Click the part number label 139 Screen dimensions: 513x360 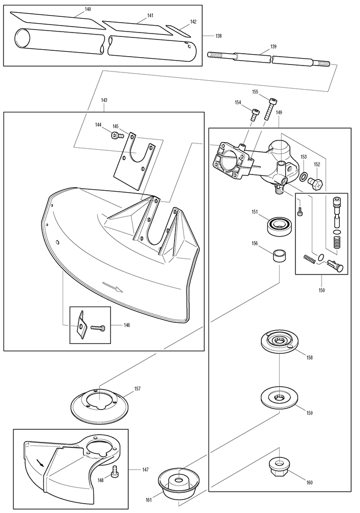(x=273, y=47)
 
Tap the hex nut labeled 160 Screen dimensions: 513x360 (x=279, y=465)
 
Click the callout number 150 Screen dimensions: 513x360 (x=321, y=291)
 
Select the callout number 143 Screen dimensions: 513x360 (x=104, y=100)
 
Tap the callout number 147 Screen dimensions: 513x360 (x=145, y=470)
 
